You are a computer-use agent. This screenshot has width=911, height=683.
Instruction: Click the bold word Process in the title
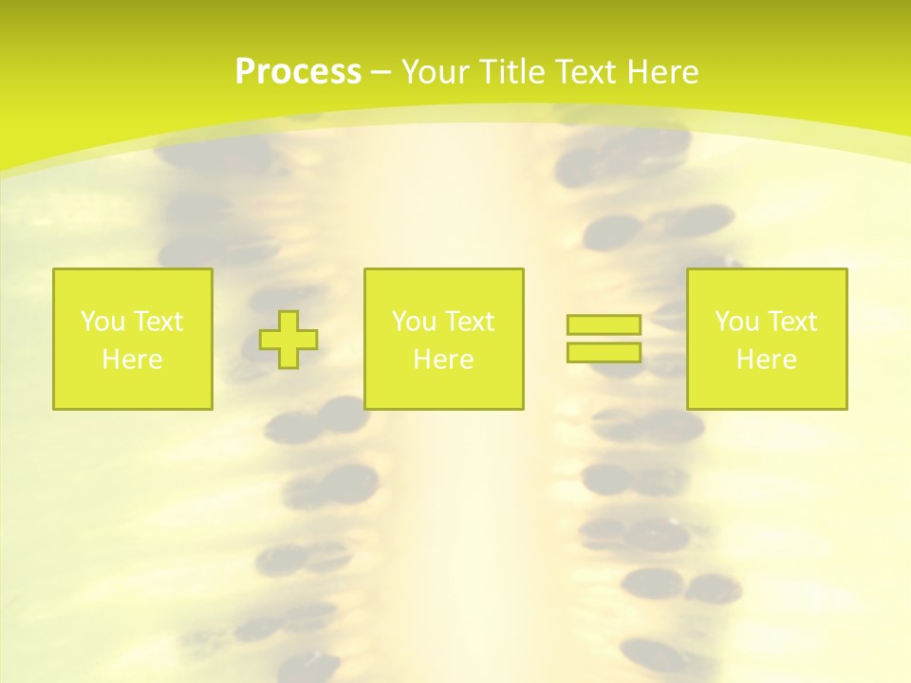pos(298,72)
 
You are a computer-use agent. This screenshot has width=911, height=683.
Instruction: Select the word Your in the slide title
pos(437,72)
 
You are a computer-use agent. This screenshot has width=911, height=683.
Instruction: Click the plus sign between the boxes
pos(288,340)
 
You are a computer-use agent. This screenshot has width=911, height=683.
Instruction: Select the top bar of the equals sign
pos(604,325)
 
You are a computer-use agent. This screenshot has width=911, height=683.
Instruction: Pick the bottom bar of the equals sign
pos(604,353)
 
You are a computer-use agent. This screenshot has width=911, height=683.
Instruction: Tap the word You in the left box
pos(102,322)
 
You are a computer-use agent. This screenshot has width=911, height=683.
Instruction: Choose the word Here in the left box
pos(132,360)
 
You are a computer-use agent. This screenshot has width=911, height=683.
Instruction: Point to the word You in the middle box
pos(414,322)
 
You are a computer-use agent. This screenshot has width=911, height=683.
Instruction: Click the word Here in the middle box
pos(443,360)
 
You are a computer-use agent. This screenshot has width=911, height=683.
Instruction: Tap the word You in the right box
pos(736,322)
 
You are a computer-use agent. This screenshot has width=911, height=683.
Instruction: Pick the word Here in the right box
pos(766,360)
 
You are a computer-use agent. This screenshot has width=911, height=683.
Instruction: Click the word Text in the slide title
pos(586,72)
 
